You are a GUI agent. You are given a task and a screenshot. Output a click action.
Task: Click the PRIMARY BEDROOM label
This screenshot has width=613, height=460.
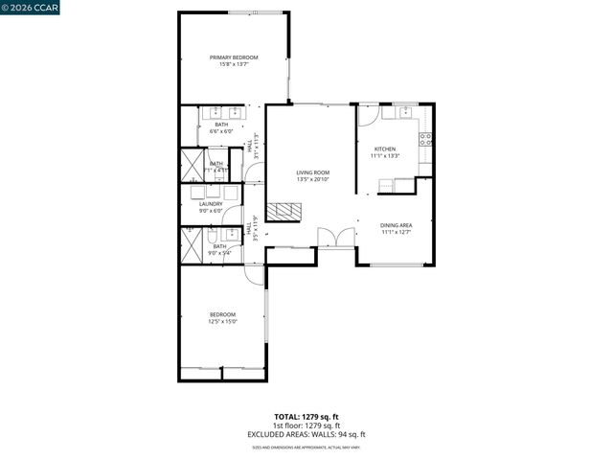pos(234,57)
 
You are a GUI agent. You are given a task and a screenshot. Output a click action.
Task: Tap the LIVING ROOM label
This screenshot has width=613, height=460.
pos(312,172)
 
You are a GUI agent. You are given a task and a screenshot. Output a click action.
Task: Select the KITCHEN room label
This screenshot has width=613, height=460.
pos(385,149)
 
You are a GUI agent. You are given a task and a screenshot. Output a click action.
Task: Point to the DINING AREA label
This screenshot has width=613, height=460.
pos(397,224)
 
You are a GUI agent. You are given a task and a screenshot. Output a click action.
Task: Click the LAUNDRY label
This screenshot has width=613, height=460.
pos(211,203)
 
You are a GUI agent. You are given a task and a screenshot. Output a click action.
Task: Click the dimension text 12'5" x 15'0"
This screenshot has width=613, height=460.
pos(222,322)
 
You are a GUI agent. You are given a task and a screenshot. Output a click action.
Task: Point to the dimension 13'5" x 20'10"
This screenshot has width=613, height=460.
pos(312,179)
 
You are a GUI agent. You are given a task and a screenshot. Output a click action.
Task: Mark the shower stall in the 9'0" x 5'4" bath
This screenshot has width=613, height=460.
pos(191,246)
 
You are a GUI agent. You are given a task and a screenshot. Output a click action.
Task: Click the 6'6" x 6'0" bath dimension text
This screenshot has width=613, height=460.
pos(221,130)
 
